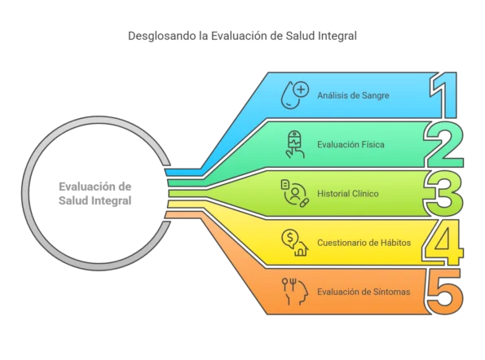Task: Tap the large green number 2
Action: (x=444, y=144)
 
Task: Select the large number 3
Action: (x=443, y=194)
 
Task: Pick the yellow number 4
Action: (x=443, y=242)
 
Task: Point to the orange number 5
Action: (x=445, y=291)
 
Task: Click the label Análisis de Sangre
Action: (x=353, y=95)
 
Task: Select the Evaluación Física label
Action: (x=351, y=145)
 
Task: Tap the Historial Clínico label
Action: (x=348, y=194)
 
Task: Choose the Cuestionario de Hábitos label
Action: (x=364, y=243)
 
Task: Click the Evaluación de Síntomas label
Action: (x=364, y=292)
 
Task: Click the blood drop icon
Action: (x=290, y=96)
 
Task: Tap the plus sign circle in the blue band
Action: (x=301, y=90)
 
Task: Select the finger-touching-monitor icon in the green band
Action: (x=295, y=144)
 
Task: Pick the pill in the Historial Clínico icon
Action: (x=304, y=203)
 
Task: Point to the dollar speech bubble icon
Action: (x=290, y=239)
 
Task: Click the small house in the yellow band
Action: (x=302, y=250)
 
